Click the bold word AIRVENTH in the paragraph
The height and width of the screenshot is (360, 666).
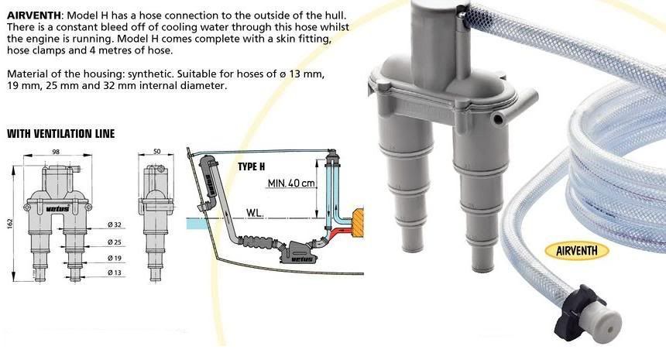[x=34, y=15]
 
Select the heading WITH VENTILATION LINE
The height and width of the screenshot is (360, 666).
[x=60, y=134]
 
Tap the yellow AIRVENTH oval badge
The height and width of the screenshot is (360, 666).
[x=577, y=251]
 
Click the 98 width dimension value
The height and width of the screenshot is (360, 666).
[x=56, y=152]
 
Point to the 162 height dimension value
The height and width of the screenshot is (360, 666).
[x=10, y=223]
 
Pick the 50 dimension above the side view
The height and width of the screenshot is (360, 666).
[x=156, y=151]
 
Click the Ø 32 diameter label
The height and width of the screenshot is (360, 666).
[x=115, y=225]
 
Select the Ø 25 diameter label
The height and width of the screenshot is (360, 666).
[x=115, y=242]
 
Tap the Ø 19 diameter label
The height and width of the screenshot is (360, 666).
[x=115, y=258]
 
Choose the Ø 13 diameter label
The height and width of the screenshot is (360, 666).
[x=115, y=272]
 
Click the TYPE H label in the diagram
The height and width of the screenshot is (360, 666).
[x=252, y=166]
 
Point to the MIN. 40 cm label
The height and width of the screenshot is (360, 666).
[x=291, y=183]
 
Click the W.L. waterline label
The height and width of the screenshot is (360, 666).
[x=254, y=213]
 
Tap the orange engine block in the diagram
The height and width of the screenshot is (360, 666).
[x=358, y=223]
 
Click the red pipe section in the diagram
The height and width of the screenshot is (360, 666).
[x=339, y=231]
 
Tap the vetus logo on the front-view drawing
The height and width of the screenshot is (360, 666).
[x=58, y=209]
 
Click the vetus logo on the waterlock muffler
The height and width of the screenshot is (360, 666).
[x=303, y=259]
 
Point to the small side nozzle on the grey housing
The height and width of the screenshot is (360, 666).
[x=499, y=118]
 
